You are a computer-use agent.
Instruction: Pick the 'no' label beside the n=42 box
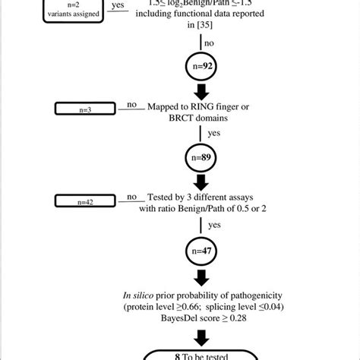(x=130, y=197)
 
